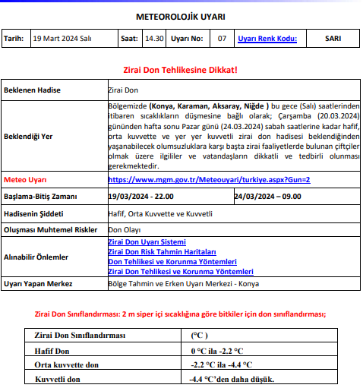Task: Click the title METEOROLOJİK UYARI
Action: [x=180, y=16]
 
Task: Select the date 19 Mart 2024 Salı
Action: [x=63, y=38]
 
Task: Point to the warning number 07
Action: [x=222, y=38]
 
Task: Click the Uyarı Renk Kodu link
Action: [x=267, y=38]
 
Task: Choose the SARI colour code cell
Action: [x=333, y=38]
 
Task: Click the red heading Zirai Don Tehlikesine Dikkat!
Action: [x=180, y=70]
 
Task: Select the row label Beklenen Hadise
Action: [x=33, y=90]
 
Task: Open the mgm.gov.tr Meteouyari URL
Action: [x=209, y=181]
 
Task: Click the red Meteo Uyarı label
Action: [x=26, y=181]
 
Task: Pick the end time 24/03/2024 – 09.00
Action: [x=267, y=197]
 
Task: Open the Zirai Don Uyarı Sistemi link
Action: [x=147, y=242]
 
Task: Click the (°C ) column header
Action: [x=200, y=335]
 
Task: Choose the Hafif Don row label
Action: [x=52, y=350]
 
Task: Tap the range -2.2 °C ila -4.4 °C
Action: [x=217, y=364]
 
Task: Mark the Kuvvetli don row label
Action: [x=57, y=379]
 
